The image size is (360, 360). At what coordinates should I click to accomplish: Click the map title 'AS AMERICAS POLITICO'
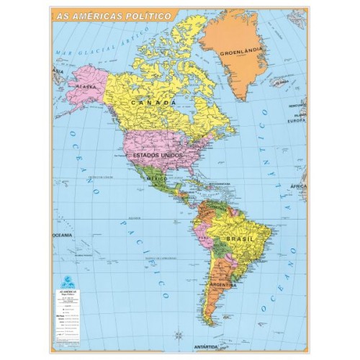(x=113, y=15)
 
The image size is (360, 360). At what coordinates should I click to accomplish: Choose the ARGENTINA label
(x=224, y=285)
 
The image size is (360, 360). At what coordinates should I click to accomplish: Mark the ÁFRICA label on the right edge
(x=297, y=186)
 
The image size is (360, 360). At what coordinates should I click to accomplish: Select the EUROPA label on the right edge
(x=296, y=121)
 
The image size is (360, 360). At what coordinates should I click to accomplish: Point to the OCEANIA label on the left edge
(x=62, y=235)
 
